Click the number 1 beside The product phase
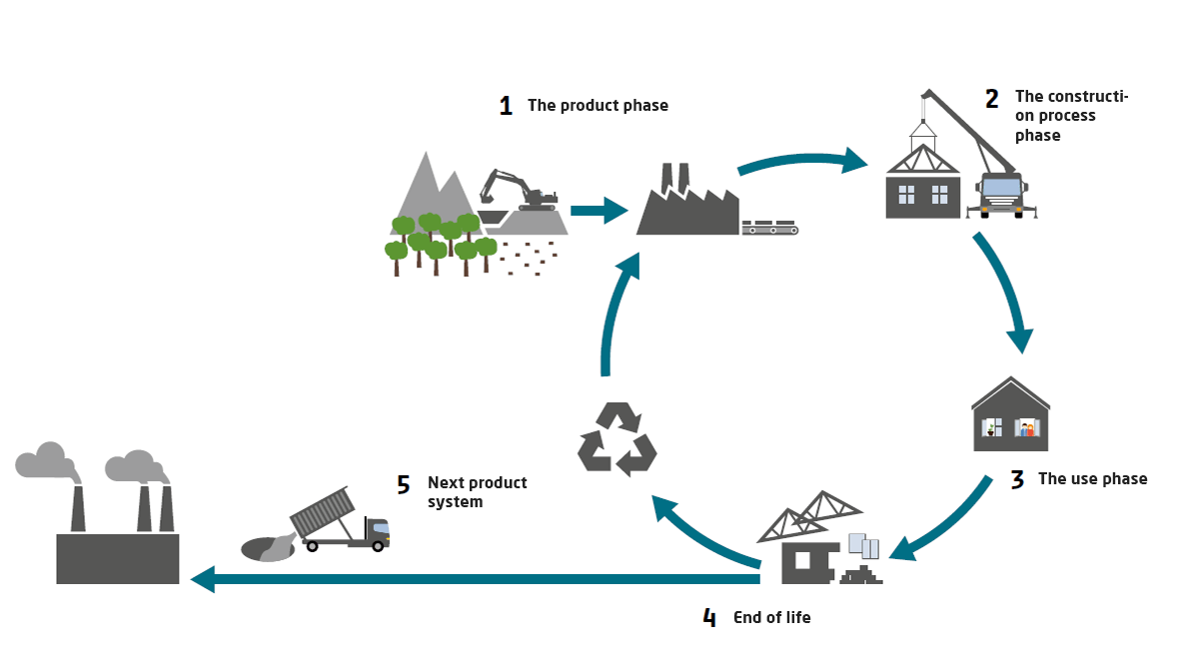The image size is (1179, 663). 506,106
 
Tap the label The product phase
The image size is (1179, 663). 597,106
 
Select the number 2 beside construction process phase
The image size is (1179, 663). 991,99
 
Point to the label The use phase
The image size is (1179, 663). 1092,479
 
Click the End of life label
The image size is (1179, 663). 771,618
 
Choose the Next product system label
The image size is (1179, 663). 477,492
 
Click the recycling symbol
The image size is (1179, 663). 616,438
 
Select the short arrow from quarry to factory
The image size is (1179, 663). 598,211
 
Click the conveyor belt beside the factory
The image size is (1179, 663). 769,229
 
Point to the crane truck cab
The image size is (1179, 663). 1001,193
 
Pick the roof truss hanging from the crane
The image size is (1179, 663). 923,160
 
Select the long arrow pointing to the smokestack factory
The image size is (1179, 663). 470,578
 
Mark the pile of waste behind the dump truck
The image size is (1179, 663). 265,547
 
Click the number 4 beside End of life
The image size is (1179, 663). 709,618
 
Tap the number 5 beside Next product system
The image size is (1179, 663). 403,485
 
